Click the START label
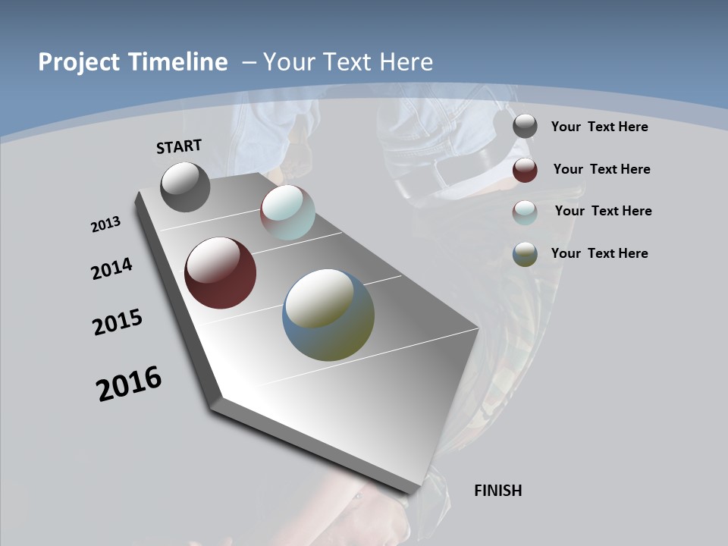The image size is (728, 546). point(179,146)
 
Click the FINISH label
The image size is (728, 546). point(498,491)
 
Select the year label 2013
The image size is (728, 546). point(105,224)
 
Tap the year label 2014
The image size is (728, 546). point(112,268)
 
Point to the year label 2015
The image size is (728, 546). point(118,322)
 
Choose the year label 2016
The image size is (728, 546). point(129,384)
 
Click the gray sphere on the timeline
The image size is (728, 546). point(185,187)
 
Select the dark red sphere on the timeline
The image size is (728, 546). point(221,273)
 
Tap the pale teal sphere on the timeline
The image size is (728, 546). point(287,212)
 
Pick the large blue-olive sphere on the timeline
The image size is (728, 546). point(328,315)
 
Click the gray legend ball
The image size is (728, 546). point(525,127)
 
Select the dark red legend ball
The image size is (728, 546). point(525,170)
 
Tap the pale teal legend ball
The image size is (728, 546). point(525,212)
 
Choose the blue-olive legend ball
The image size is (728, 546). point(525,254)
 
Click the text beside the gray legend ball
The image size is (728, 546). point(599,127)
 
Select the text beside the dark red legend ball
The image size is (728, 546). point(601,169)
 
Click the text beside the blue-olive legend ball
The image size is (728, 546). point(599,253)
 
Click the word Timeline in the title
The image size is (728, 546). point(180,62)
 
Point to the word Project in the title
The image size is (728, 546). point(79,62)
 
